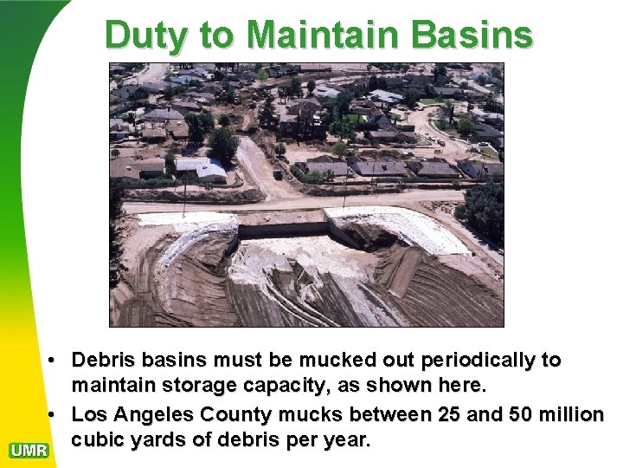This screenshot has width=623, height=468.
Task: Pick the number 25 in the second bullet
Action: [448, 415]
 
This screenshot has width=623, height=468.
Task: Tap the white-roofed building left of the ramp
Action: [200, 169]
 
